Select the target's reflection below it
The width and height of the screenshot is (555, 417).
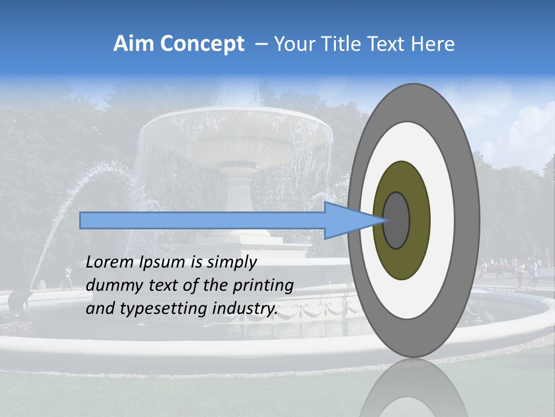pyautogui.click(x=413, y=388)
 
